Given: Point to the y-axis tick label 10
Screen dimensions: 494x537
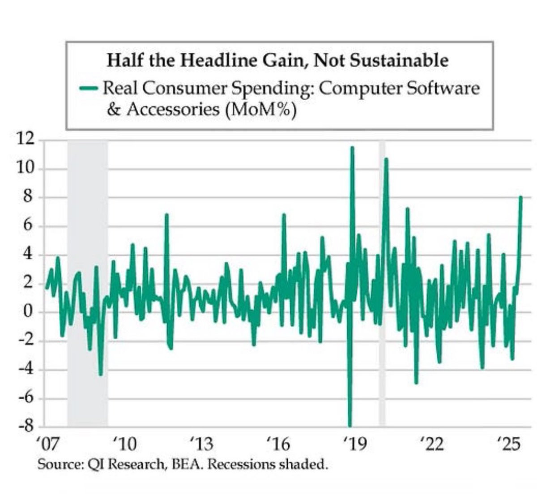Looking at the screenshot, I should [25, 168].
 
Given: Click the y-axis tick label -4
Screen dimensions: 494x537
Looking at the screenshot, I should [26, 369].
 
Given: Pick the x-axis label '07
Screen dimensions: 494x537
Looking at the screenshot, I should [46, 446].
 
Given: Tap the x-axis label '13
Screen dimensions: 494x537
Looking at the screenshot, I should [201, 446].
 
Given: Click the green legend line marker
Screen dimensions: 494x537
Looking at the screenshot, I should [88, 89].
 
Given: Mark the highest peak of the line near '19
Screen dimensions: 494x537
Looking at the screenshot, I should [352, 147].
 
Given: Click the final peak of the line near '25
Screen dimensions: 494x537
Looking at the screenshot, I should [521, 197].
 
